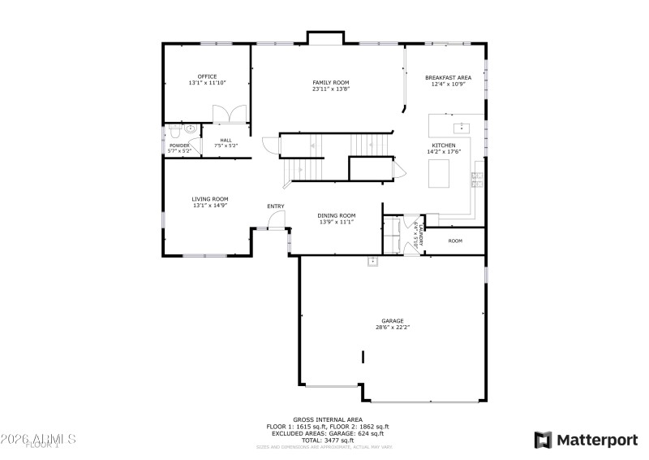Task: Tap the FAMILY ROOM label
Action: pyautogui.click(x=331, y=83)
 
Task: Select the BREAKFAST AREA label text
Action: pyautogui.click(x=448, y=78)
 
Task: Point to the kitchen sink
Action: pyautogui.click(x=460, y=127)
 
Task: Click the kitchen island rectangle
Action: pyautogui.click(x=438, y=172)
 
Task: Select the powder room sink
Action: pyautogui.click(x=191, y=128)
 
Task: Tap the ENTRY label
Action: pyautogui.click(x=276, y=206)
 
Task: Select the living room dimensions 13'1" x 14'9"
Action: pyautogui.click(x=209, y=206)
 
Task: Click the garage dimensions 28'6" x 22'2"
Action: pyautogui.click(x=393, y=328)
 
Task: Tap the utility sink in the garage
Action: pyautogui.click(x=372, y=261)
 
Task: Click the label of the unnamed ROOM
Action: pyautogui.click(x=455, y=241)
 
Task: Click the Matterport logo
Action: pyautogui.click(x=585, y=440)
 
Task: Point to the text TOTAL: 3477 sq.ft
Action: pyautogui.click(x=328, y=439)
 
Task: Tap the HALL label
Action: pyautogui.click(x=225, y=140)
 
